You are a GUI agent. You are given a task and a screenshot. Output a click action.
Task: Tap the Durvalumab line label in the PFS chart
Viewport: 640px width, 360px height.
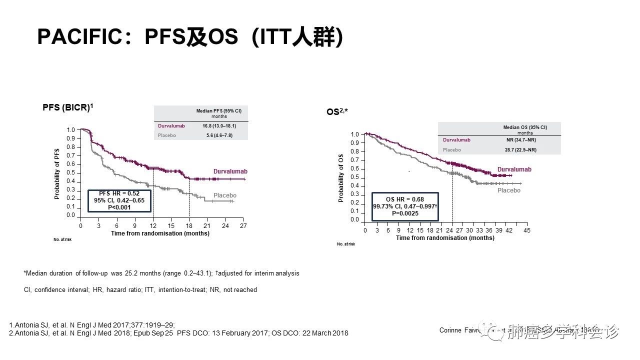[x=230, y=171]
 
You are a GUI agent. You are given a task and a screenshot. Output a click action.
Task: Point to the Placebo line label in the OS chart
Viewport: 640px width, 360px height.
[x=509, y=190]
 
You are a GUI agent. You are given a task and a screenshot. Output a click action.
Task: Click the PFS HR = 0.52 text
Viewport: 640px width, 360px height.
[x=119, y=193]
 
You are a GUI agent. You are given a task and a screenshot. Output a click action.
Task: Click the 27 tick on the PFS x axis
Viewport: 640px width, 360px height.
[x=243, y=226]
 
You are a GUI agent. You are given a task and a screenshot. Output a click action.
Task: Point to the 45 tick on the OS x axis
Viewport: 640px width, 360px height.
[x=526, y=230]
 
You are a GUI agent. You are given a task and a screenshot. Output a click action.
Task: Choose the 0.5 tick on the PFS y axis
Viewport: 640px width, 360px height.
[x=71, y=172]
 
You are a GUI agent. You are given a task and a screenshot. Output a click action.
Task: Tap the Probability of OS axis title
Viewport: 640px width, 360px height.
[x=341, y=178]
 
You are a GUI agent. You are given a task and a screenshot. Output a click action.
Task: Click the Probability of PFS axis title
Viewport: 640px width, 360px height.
[x=57, y=173]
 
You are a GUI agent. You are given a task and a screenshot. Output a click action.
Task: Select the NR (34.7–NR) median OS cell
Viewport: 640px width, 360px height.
[x=521, y=140]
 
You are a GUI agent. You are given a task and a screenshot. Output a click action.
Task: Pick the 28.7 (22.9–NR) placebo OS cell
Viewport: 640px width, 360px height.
[x=521, y=149]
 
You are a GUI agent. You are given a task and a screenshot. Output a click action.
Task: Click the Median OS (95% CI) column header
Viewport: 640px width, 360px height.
[x=525, y=128]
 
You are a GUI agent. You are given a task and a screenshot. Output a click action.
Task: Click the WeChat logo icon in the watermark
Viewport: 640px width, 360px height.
[x=495, y=332]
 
